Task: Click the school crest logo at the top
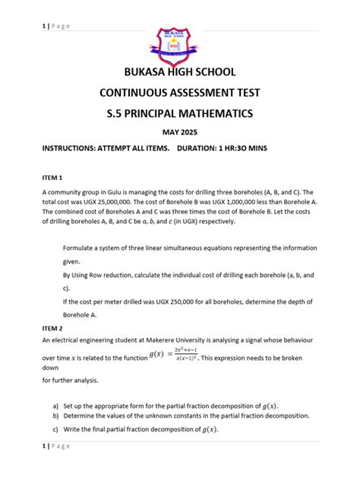tap(179, 45)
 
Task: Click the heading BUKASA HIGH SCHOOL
tap(180, 73)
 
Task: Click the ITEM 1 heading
tap(54, 176)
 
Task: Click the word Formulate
tap(81, 248)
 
